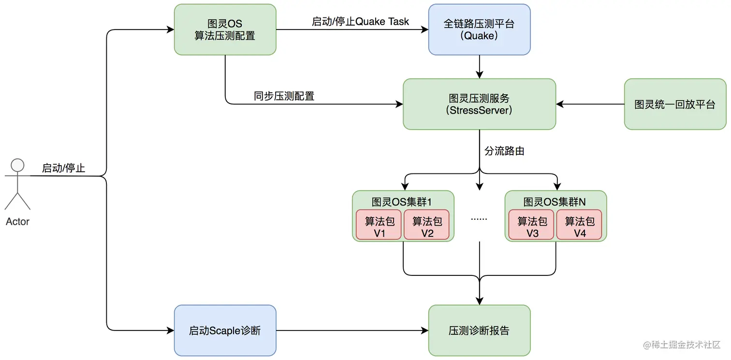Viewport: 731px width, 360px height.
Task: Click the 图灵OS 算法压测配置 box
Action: (x=225, y=29)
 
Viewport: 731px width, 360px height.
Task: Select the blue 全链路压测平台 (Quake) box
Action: (x=479, y=29)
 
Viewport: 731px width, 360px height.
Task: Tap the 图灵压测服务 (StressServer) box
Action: (x=479, y=104)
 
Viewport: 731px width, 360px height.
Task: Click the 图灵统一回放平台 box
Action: (x=675, y=104)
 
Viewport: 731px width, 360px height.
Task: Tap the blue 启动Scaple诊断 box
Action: (x=225, y=331)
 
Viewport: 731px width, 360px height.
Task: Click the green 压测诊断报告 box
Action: (x=479, y=331)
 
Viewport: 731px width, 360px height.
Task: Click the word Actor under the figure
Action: (x=17, y=222)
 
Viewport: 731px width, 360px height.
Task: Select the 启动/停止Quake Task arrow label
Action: (x=360, y=22)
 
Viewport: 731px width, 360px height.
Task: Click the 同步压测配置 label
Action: (x=284, y=96)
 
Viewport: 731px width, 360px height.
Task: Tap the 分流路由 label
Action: (x=504, y=151)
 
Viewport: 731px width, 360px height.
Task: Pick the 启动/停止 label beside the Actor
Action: (x=63, y=168)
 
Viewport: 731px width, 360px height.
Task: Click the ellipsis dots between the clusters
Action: (x=479, y=218)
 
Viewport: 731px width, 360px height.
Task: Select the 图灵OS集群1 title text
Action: (x=403, y=202)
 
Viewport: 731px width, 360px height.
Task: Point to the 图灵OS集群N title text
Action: (x=555, y=202)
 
